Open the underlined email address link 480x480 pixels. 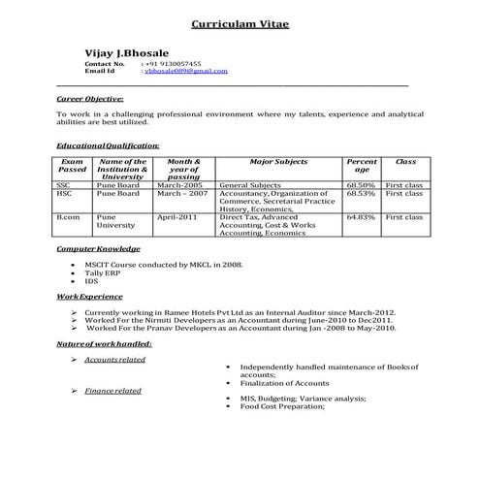pos(185,72)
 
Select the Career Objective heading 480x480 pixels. pos(90,99)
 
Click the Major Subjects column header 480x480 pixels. pos(278,162)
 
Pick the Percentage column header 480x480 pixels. pos(361,166)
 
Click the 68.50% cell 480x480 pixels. pos(361,183)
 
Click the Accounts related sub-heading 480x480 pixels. pos(114,360)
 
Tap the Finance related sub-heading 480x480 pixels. pos(112,390)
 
